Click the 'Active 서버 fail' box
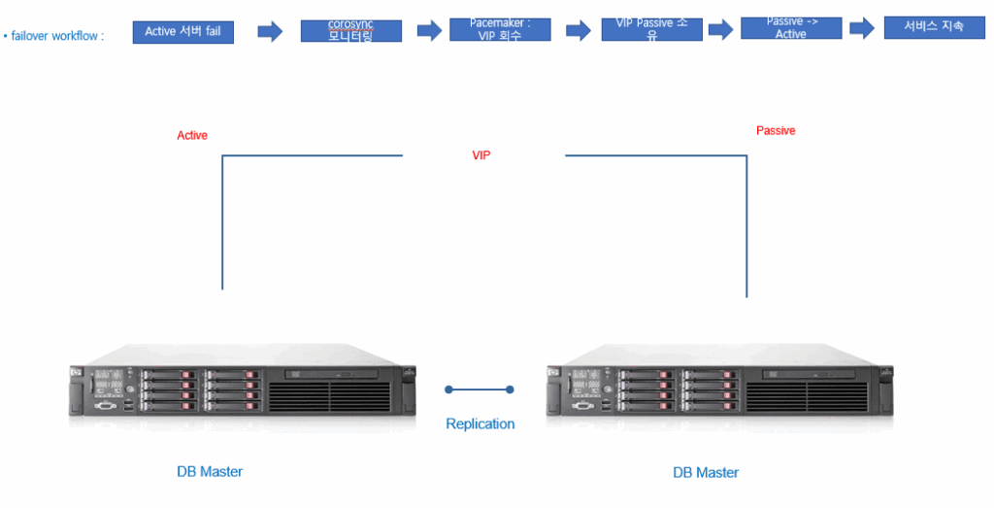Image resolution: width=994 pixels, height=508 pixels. coord(182,32)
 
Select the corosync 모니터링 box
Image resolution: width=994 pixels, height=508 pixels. coord(350,30)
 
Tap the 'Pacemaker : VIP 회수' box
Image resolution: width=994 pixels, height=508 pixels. coord(500,29)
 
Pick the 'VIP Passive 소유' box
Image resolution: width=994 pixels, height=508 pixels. coord(651,29)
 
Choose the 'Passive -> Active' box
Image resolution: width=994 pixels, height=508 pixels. coord(790,28)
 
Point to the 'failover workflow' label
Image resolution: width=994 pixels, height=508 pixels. coord(56,36)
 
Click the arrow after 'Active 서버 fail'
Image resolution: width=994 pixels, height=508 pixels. coord(269,32)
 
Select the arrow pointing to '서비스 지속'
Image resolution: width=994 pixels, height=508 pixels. coord(862,29)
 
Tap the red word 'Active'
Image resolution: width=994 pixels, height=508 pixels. coord(192,136)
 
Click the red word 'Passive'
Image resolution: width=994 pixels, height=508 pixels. coord(776,131)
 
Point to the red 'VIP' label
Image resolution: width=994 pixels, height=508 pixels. coord(481,155)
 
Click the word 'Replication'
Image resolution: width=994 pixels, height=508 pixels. coord(480,424)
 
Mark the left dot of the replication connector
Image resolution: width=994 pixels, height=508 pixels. coord(448,389)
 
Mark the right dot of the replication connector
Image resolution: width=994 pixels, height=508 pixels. coord(511,389)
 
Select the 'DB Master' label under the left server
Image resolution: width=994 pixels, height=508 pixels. coord(210,472)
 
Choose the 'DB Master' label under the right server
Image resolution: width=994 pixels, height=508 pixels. coord(706,473)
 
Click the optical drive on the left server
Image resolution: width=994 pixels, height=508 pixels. coord(336,374)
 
